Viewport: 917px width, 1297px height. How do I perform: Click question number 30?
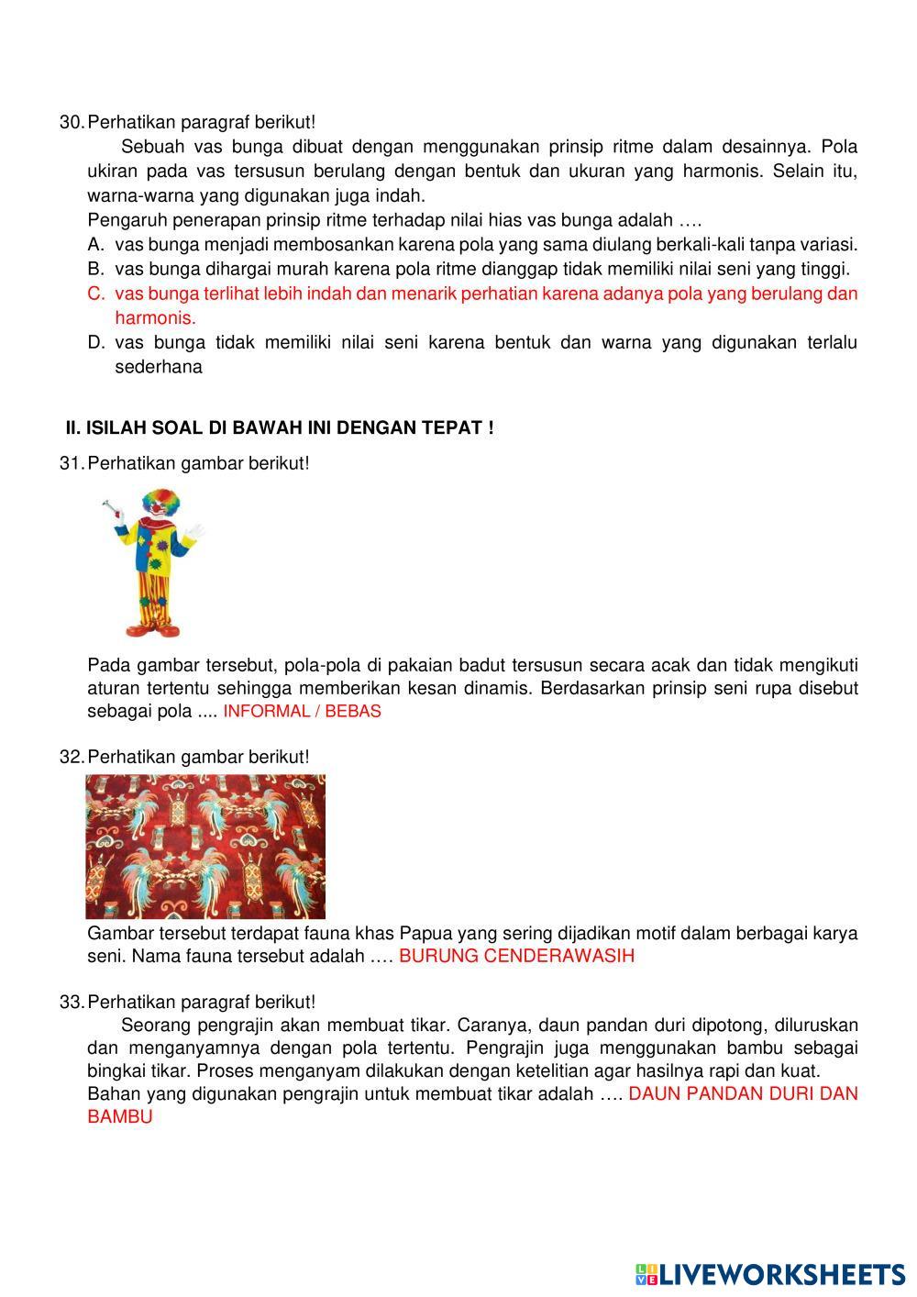click(x=71, y=122)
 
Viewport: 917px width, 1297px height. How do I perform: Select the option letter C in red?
click(x=95, y=294)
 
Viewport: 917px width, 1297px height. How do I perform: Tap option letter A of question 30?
click(x=95, y=245)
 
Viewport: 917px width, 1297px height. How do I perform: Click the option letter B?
click(x=95, y=269)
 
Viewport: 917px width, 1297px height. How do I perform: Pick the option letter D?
click(x=95, y=342)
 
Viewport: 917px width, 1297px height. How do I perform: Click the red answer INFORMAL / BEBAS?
click(x=302, y=711)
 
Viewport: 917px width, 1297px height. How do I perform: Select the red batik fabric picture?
click(x=205, y=846)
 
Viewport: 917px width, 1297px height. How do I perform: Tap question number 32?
click(x=71, y=757)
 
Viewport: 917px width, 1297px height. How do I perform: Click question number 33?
click(x=71, y=1002)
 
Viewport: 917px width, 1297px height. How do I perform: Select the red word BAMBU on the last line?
click(x=120, y=1117)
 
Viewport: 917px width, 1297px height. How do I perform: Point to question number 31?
click(x=71, y=463)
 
